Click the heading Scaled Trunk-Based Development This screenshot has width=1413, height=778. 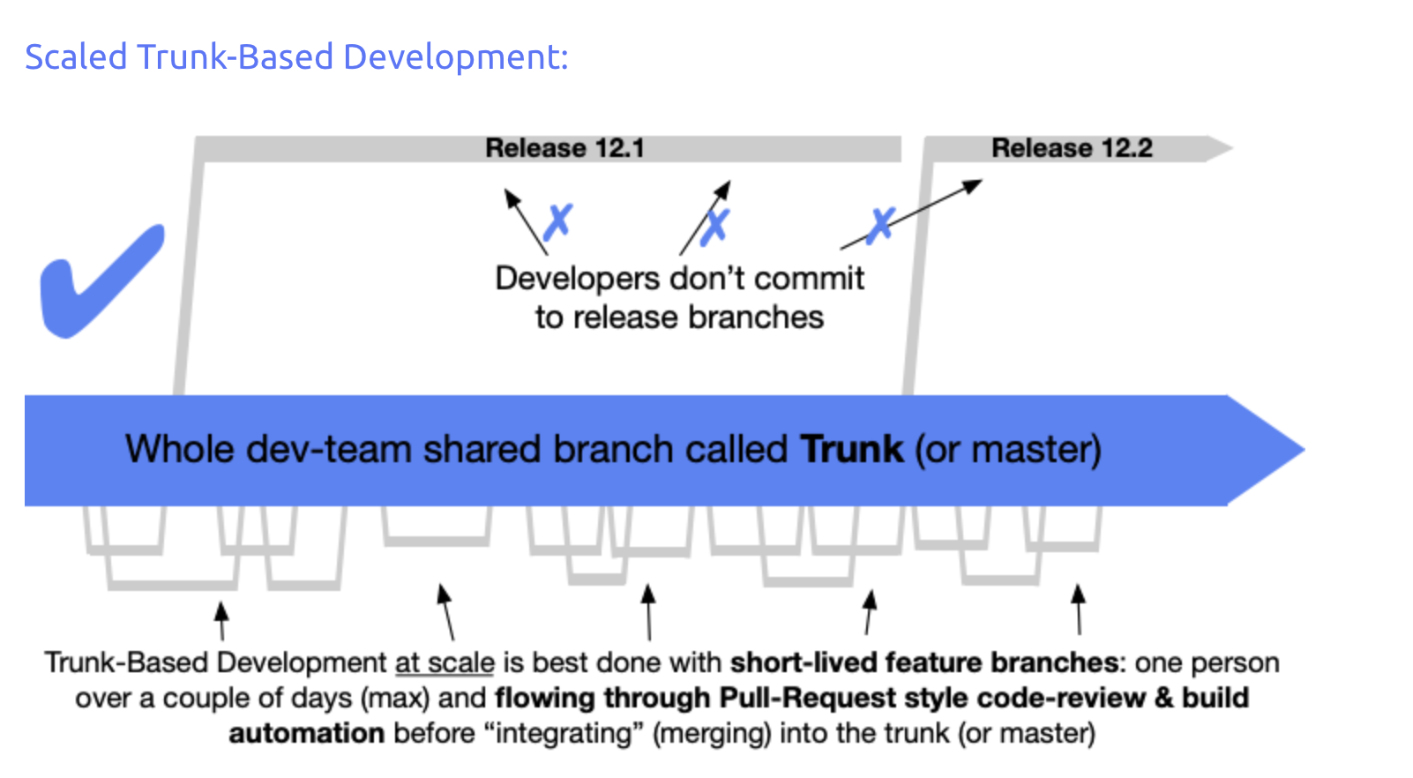tap(296, 57)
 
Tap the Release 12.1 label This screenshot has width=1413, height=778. tap(564, 148)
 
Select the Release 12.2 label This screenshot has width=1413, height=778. tap(1072, 148)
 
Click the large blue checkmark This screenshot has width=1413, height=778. tap(101, 281)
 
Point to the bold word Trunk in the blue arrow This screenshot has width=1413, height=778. tap(851, 450)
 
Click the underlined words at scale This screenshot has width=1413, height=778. tap(445, 662)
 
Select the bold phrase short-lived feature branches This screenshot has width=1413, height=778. tap(924, 662)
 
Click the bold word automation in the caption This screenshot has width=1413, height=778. tap(306, 733)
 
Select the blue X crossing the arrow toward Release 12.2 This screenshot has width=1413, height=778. tap(879, 226)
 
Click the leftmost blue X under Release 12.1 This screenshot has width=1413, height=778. tap(557, 222)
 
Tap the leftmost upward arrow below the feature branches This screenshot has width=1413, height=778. tap(222, 620)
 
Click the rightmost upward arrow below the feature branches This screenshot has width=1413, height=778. tap(1078, 608)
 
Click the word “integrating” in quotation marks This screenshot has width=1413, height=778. tap(564, 733)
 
